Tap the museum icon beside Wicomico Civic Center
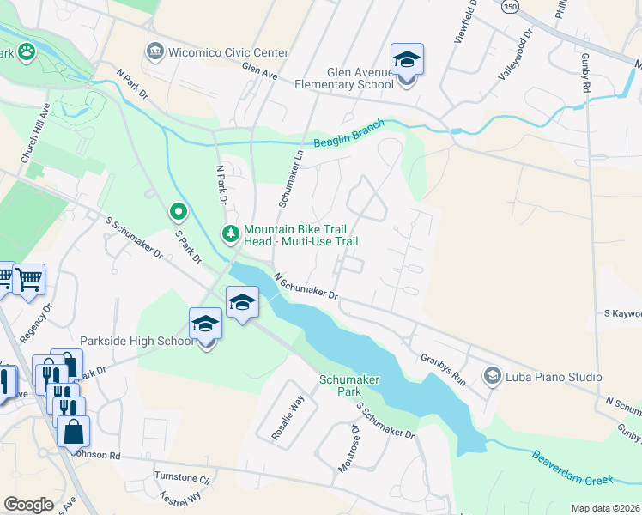(154, 50)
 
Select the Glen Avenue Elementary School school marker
(407, 61)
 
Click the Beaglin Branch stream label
(348, 135)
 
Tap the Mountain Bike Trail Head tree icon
(230, 233)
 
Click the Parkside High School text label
(137, 342)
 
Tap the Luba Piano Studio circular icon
(493, 376)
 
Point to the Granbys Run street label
(442, 369)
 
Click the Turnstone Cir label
(182, 477)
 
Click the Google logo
(29, 505)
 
